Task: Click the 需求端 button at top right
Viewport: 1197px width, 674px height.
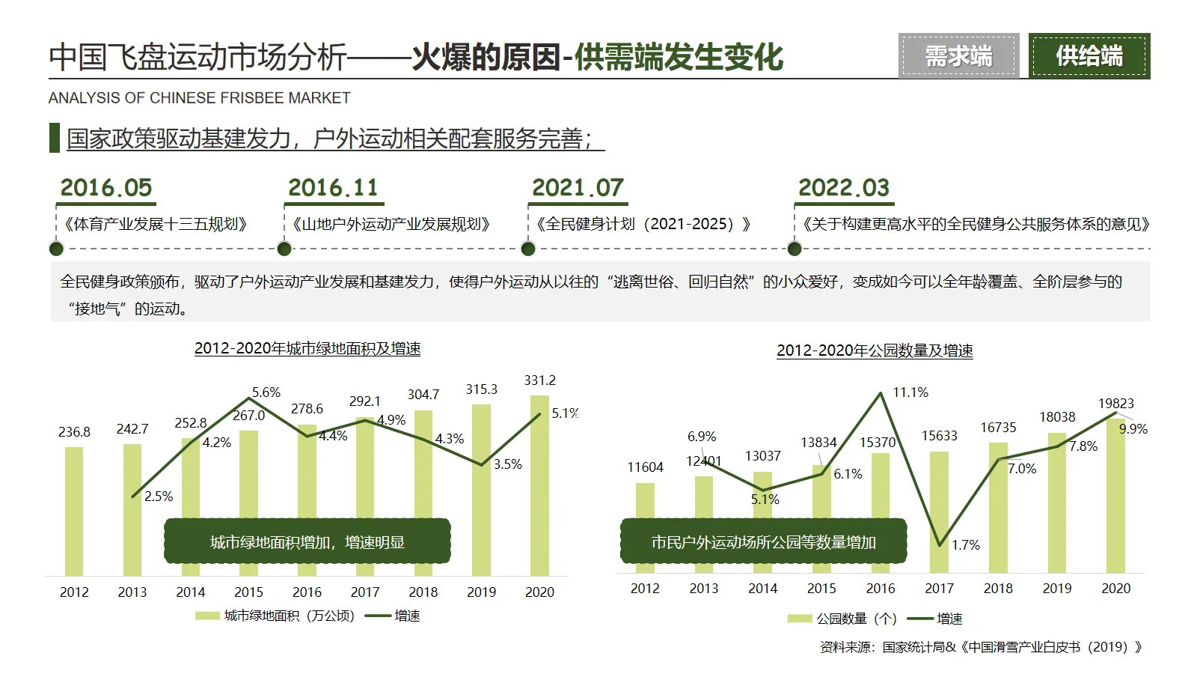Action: point(958,56)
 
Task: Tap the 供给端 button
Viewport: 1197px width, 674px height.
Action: point(1089,56)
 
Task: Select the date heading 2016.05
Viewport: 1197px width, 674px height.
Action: point(106,187)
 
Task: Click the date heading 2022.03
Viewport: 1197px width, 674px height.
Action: point(844,187)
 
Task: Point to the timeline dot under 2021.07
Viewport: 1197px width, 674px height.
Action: point(528,249)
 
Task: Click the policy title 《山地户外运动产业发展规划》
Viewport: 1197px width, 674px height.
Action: point(391,224)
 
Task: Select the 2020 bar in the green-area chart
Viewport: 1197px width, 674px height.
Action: point(539,487)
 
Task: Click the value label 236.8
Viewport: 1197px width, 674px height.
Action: point(74,432)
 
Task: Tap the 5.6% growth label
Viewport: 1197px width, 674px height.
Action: point(266,392)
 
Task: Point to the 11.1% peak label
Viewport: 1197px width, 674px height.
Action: point(910,392)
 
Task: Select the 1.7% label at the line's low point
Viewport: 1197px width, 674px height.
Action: point(965,545)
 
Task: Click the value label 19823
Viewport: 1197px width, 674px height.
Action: point(1115,404)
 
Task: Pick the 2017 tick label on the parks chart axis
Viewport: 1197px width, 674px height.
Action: point(939,589)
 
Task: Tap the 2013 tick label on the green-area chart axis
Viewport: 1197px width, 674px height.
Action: point(132,592)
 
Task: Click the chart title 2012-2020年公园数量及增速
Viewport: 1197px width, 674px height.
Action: point(875,350)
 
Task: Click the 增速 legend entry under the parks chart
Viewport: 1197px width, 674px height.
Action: point(949,619)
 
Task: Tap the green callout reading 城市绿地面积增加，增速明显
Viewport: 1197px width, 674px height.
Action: point(307,541)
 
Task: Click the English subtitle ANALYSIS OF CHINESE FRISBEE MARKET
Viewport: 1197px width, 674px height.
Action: point(199,98)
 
